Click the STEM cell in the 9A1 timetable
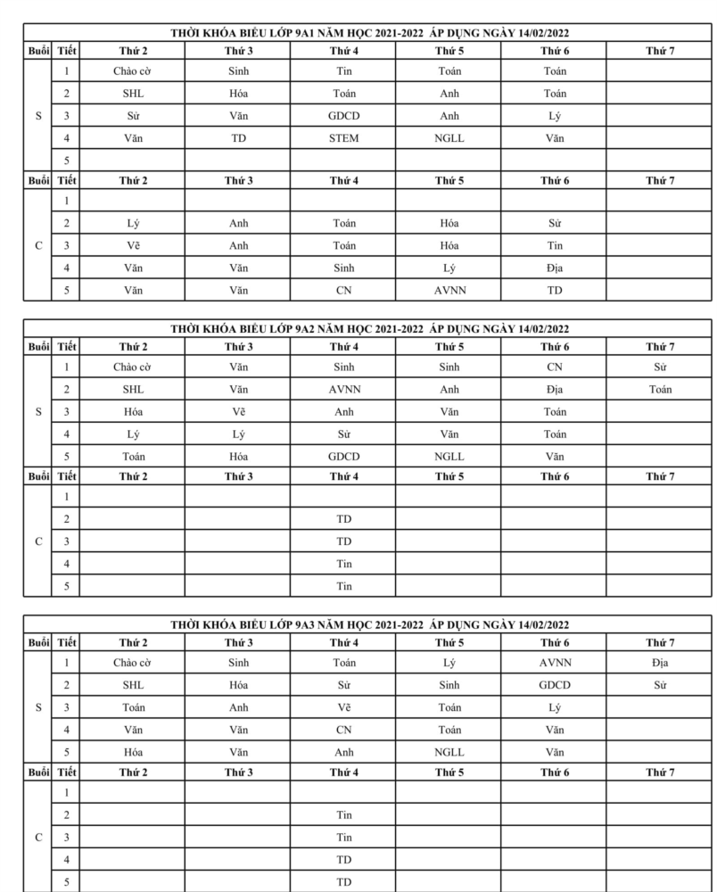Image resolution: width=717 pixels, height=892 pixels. pos(343,138)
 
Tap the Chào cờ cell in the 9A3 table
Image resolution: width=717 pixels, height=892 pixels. pos(133,663)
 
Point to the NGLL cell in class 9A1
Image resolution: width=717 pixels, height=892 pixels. pos(449,138)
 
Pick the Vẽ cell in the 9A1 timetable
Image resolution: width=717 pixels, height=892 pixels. pos(133,245)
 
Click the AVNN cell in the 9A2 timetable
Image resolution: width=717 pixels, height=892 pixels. pos(343,389)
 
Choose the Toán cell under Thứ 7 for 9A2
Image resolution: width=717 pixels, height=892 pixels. pos(660,389)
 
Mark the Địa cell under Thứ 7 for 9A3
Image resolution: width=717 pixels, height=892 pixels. pos(660,663)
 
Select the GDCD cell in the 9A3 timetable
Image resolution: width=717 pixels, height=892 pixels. pos(554,685)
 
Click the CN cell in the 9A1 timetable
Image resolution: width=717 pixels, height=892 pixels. pos(343,290)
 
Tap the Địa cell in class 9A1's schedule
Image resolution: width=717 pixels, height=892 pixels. pos(554,268)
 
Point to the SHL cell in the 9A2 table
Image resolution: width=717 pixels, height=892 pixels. pos(133,389)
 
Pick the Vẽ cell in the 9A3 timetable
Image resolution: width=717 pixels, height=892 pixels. pos(343,707)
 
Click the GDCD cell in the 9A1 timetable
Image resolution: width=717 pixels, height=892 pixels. pos(343,116)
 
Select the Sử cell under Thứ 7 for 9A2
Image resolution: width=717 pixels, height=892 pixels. pos(660,367)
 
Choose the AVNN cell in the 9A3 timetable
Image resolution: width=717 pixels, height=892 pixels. pos(554,663)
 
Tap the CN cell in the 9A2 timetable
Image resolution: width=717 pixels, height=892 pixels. pos(554,367)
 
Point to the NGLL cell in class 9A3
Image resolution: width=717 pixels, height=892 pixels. pos(449,752)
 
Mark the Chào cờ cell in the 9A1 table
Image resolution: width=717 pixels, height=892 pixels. pos(133,70)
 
